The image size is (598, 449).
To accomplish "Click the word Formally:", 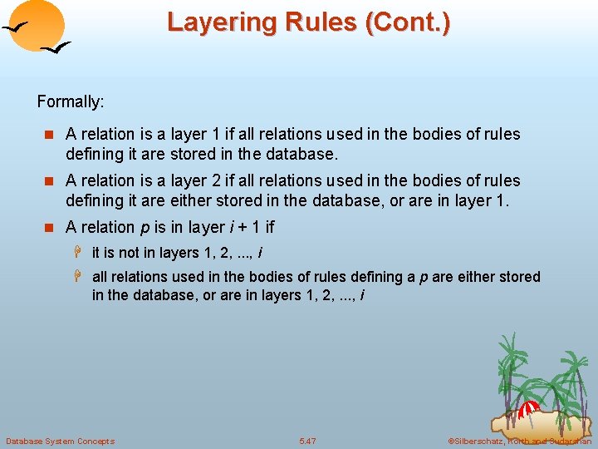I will coord(71,102).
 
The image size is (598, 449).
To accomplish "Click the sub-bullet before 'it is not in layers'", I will coord(82,253).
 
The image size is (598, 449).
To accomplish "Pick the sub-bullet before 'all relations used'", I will coord(82,277).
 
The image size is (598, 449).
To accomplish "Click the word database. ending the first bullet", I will coord(306,154).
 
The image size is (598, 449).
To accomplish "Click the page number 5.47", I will coord(307,441).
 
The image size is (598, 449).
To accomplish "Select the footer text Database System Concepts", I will coord(60,441).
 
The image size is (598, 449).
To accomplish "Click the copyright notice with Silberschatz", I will coord(519,441).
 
